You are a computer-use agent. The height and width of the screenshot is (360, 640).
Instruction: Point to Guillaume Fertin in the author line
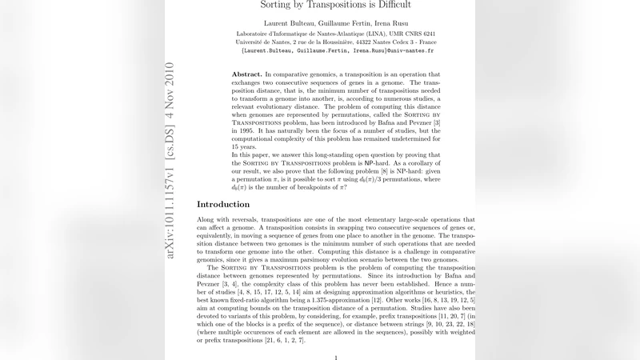coord(329,21)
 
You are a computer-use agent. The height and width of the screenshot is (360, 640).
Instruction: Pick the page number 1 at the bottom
coord(336,358)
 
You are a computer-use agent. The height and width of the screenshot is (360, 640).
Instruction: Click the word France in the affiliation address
coord(422,42)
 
